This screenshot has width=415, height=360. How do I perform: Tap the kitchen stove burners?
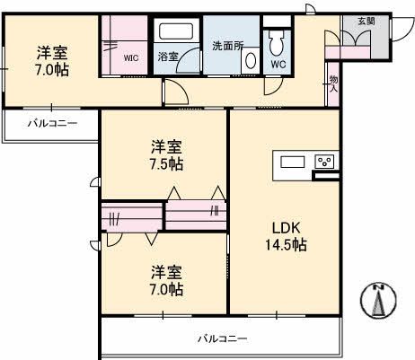pos(325,162)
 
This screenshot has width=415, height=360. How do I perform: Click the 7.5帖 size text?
pos(167,163)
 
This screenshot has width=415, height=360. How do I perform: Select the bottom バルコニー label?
pos(222,338)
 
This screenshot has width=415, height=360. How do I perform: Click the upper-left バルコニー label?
pos(51,123)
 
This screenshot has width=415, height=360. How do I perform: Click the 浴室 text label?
pos(168,55)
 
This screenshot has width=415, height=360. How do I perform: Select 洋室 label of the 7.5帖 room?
pos(167,145)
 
